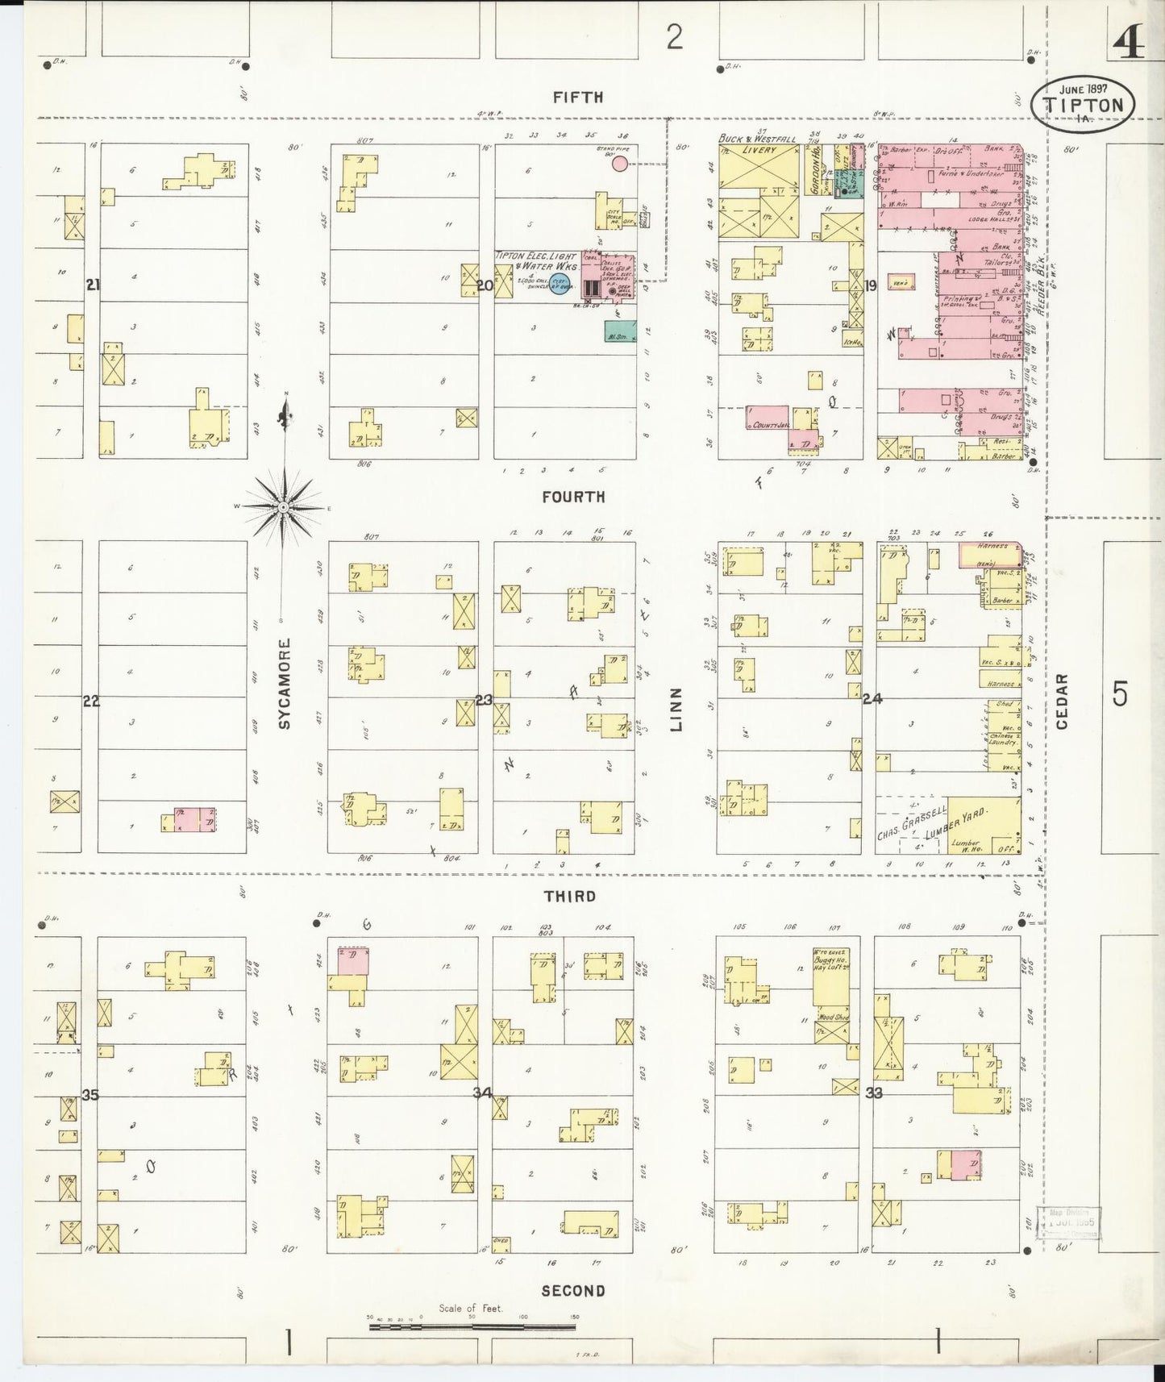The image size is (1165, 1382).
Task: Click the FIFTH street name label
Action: [578, 98]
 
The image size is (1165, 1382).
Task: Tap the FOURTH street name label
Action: [573, 497]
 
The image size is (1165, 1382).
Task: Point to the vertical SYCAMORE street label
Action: [285, 685]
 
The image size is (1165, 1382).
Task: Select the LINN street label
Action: [676, 710]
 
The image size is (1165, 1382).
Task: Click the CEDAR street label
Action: [1061, 701]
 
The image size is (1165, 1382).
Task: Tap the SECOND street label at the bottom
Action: [573, 1291]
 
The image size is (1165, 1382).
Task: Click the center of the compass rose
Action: [284, 506]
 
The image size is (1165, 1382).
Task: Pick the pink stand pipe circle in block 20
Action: [619, 164]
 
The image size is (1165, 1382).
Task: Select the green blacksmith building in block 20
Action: [618, 330]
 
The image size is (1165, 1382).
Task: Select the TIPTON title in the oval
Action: [1084, 106]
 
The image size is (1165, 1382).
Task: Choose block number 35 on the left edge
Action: [90, 1095]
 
